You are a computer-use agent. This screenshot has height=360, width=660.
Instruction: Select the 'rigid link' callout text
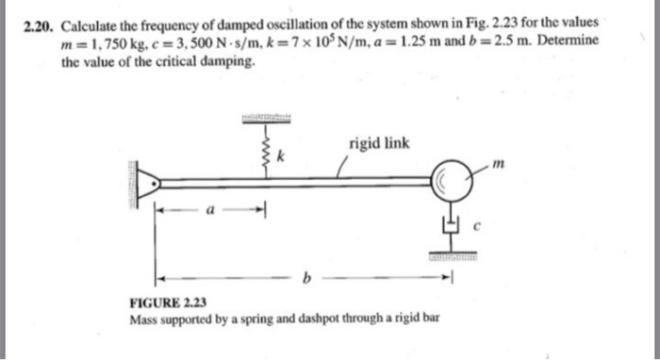(x=379, y=143)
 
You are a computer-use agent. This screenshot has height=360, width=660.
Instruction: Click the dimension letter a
(x=211, y=212)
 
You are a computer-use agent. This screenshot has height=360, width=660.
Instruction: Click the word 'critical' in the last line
(x=183, y=62)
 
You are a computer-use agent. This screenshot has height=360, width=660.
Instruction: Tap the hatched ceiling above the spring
(x=268, y=119)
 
